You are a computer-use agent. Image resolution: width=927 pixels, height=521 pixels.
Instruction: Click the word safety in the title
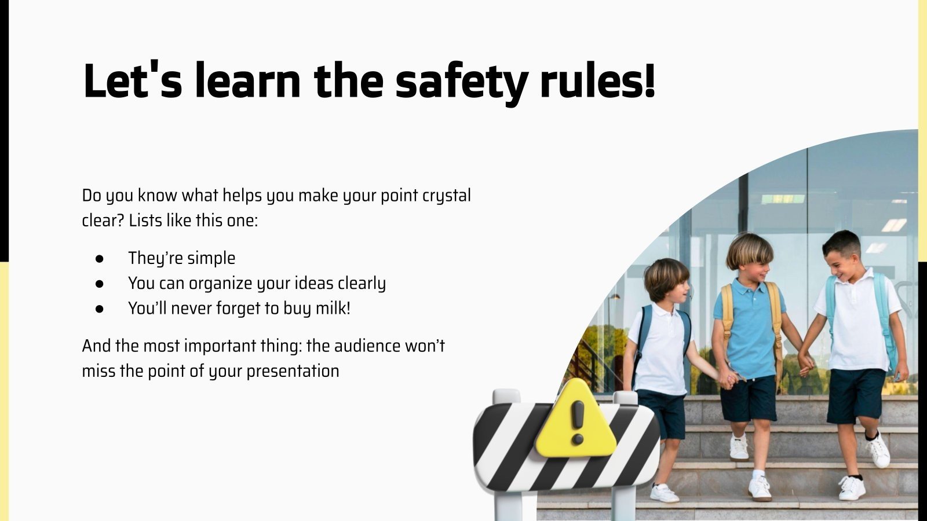click(461, 82)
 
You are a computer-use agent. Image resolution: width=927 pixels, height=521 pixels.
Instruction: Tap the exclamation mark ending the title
click(649, 82)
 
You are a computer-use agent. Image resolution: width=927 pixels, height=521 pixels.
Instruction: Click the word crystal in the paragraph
click(447, 196)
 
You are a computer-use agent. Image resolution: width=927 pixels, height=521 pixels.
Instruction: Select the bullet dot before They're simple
click(100, 258)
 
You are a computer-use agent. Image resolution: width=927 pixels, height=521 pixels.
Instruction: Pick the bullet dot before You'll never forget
click(100, 309)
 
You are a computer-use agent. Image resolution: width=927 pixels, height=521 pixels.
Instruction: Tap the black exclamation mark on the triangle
click(578, 421)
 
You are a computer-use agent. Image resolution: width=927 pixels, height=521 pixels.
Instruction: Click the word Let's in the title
click(133, 82)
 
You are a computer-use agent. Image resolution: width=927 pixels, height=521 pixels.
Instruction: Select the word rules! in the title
click(597, 82)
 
